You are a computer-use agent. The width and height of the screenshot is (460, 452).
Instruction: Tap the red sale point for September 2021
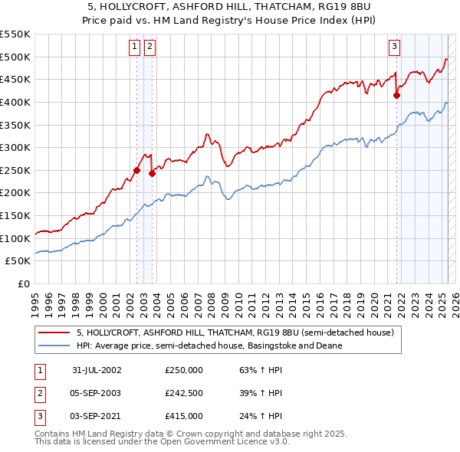pyautogui.click(x=397, y=96)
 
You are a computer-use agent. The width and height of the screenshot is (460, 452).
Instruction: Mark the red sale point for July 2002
pyautogui.click(x=137, y=170)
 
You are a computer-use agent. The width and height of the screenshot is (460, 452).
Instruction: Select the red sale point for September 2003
pyautogui.click(x=152, y=174)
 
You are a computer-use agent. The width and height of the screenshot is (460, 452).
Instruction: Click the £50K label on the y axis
pyautogui.click(x=18, y=261)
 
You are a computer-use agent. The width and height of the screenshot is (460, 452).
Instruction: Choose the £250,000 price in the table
pyautogui.click(x=184, y=370)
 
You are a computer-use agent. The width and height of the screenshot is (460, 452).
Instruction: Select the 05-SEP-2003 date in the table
pyautogui.click(x=96, y=393)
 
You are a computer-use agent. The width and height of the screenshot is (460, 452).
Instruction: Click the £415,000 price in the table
pyautogui.click(x=184, y=416)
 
